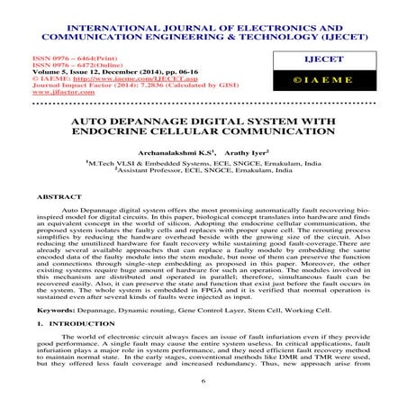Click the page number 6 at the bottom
pyautogui.click(x=203, y=382)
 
